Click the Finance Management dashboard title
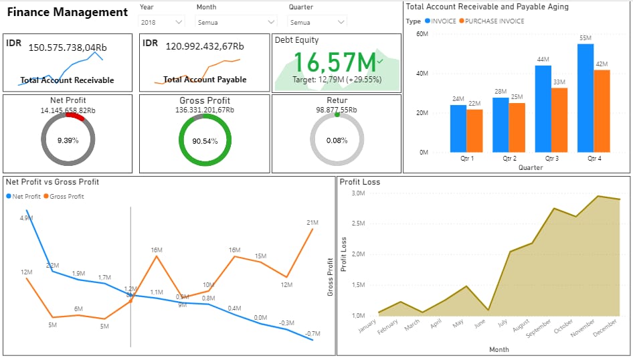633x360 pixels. tap(67, 12)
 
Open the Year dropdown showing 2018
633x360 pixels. tap(161, 22)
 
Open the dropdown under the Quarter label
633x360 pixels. tap(318, 22)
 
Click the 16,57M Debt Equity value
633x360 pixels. tap(335, 62)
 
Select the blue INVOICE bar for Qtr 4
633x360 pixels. tap(585, 98)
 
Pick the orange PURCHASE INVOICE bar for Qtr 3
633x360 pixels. tap(559, 120)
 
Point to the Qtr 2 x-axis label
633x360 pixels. tap(509, 159)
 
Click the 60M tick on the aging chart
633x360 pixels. tap(422, 33)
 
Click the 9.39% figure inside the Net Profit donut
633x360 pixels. tap(68, 141)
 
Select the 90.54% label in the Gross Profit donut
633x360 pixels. tap(205, 141)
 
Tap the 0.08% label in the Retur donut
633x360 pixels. tap(337, 141)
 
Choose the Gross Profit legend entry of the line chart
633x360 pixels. tap(67, 196)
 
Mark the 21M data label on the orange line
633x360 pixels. tap(312, 222)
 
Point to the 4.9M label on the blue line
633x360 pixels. tap(25, 218)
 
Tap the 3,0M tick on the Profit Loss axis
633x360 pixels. tap(357, 193)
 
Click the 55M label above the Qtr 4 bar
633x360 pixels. tap(585, 38)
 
